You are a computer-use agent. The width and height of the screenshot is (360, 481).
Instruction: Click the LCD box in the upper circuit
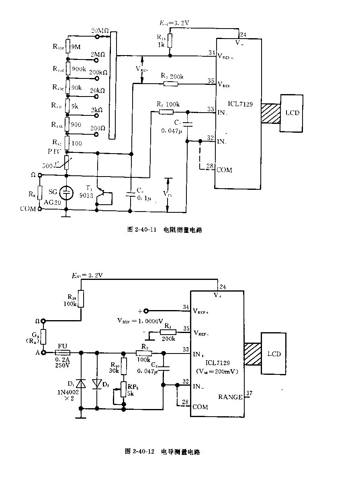292,113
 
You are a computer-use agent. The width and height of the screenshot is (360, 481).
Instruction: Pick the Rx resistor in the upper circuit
40,193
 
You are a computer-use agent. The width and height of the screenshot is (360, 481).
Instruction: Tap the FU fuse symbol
63,352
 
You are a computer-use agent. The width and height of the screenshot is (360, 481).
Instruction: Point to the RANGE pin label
230,397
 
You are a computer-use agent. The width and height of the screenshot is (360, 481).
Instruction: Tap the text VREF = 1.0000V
140,321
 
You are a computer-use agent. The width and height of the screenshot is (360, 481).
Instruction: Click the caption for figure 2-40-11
164,230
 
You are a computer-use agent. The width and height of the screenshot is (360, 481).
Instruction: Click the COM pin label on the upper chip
224,170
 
